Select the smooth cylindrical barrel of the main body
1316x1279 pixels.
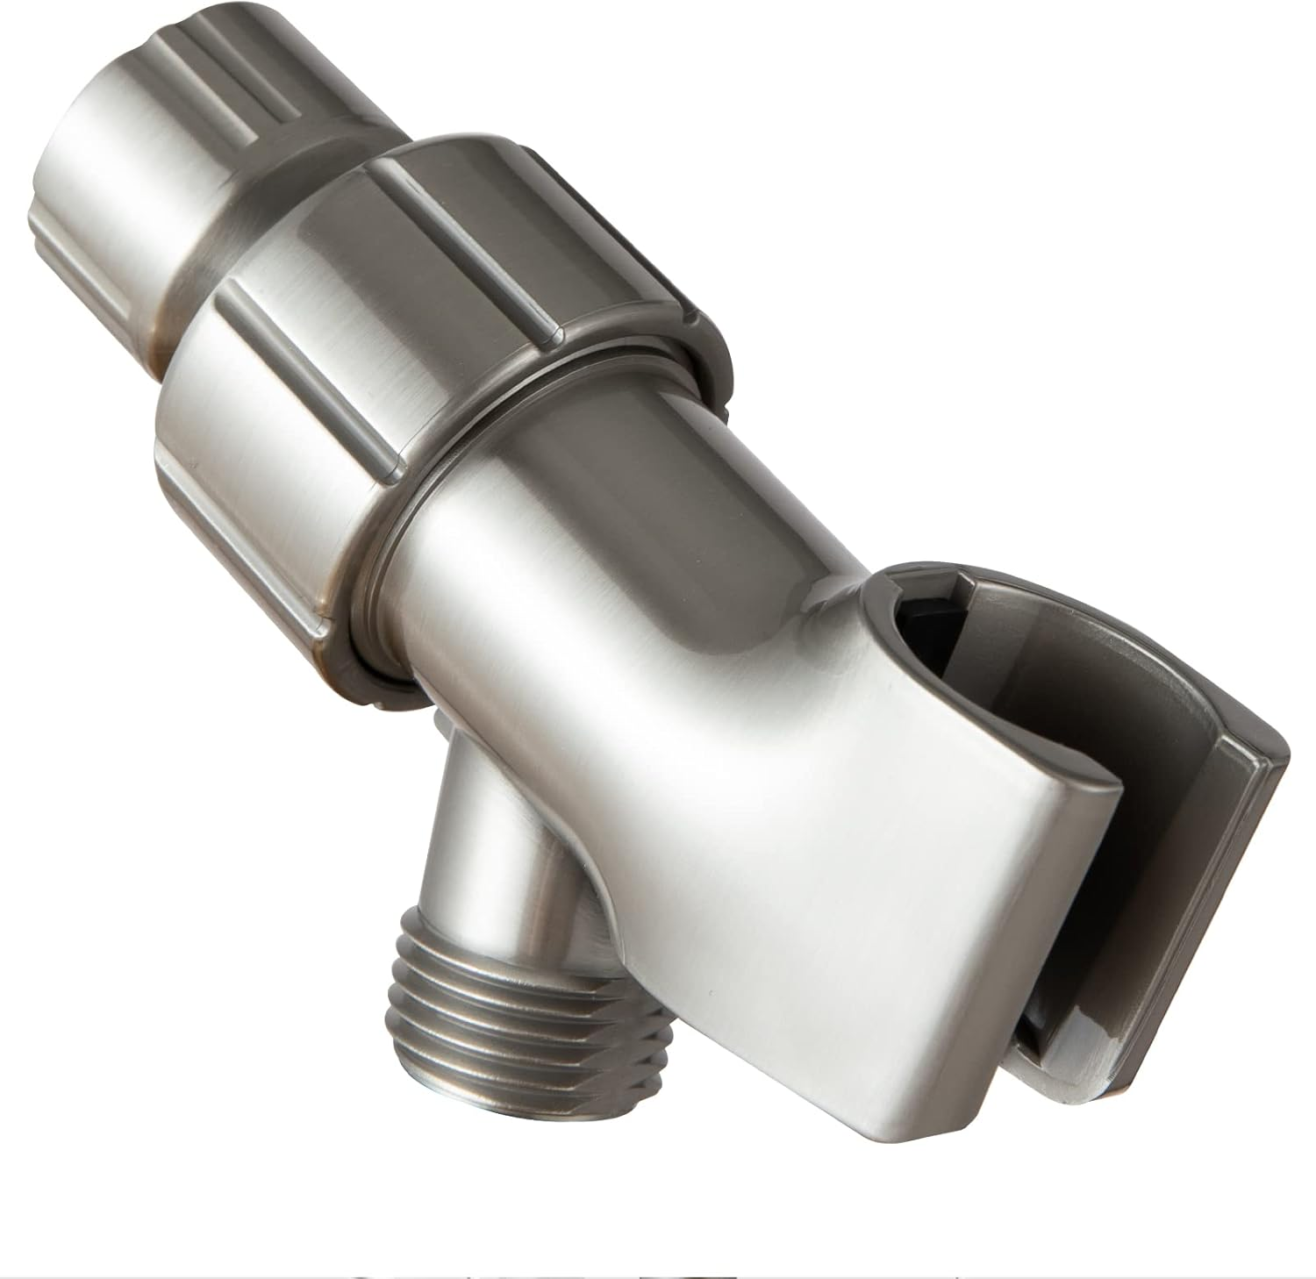coord(632,544)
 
